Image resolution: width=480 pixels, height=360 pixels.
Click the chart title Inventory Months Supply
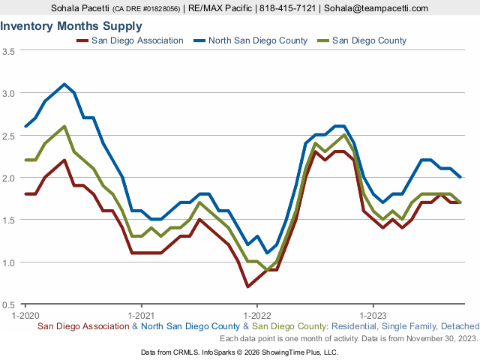[71, 26]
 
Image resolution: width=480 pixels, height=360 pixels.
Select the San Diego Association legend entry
[130, 40]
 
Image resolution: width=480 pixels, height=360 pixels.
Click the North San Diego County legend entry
[250, 40]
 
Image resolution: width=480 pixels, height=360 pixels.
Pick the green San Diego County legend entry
[361, 40]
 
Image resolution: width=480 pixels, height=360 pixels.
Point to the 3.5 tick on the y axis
[8, 52]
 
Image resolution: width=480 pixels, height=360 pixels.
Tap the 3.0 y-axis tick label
[8, 93]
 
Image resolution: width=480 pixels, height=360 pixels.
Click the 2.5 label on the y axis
[8, 136]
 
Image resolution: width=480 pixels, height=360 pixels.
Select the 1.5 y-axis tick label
[8, 220]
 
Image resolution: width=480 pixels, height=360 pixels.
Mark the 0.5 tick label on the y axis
[8, 305]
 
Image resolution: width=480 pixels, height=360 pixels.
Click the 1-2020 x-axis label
[25, 315]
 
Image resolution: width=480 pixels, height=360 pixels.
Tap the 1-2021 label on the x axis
[141, 315]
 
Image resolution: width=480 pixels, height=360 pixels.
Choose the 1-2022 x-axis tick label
[257, 315]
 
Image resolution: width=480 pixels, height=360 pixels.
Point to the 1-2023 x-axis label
[373, 315]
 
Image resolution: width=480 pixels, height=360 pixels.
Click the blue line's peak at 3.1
[64, 84]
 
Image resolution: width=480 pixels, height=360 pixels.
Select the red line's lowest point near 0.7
[247, 286]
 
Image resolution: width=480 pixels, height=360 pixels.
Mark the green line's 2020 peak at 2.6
[64, 126]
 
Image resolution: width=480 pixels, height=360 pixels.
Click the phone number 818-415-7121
[287, 8]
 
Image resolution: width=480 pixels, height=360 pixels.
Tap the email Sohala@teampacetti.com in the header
[376, 8]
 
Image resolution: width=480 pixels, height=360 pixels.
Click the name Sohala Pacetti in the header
[80, 8]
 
